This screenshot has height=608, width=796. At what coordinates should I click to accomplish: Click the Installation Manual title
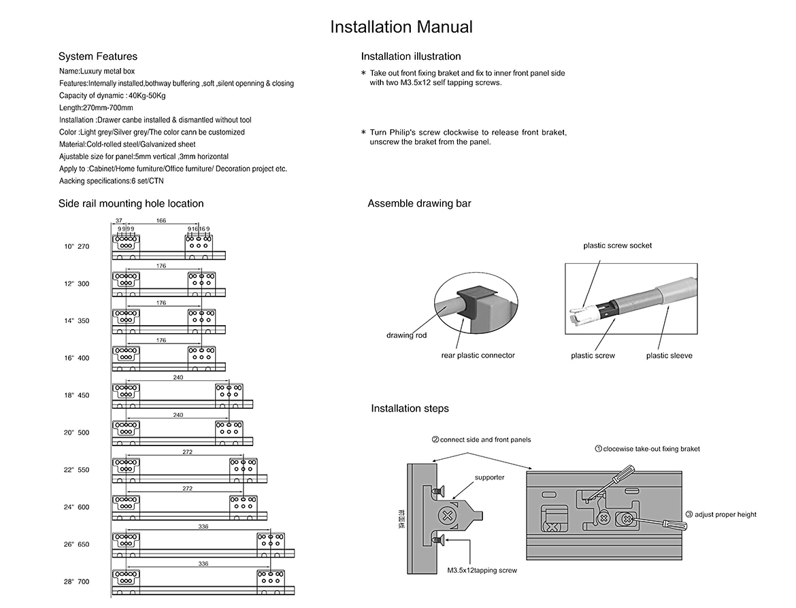pyautogui.click(x=401, y=27)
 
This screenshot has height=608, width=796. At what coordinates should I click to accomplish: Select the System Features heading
pyautogui.click(x=97, y=56)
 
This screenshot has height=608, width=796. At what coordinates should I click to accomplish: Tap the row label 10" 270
pyautogui.click(x=77, y=247)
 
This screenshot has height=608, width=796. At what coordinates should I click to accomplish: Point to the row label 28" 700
pyautogui.click(x=77, y=581)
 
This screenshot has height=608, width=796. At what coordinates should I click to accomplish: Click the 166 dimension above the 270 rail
pyautogui.click(x=161, y=220)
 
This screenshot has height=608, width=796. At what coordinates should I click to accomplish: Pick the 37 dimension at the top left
pyautogui.click(x=119, y=220)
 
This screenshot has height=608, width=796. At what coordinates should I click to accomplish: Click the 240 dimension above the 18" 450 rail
pyautogui.click(x=178, y=377)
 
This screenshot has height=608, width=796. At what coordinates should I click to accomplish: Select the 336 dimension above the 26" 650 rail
pyautogui.click(x=203, y=526)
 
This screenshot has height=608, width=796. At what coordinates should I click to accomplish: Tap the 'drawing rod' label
pyautogui.click(x=406, y=335)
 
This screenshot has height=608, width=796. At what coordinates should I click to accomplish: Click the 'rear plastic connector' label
pyautogui.click(x=478, y=355)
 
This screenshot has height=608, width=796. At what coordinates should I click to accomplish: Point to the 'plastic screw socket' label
pyautogui.click(x=617, y=246)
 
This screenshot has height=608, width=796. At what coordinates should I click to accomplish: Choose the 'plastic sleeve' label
pyautogui.click(x=669, y=356)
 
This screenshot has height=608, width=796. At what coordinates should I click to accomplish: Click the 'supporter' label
pyautogui.click(x=489, y=477)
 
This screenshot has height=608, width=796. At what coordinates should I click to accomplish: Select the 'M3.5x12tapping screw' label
pyautogui.click(x=482, y=571)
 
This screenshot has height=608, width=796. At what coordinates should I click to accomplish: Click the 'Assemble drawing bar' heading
pyautogui.click(x=419, y=203)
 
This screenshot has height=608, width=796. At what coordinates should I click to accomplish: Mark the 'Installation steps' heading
pyautogui.click(x=410, y=409)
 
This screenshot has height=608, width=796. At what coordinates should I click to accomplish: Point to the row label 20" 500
pyautogui.click(x=77, y=433)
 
